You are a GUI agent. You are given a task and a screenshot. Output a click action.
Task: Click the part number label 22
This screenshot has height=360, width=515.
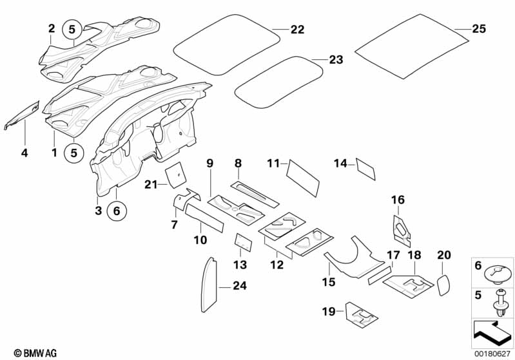tap(297, 30)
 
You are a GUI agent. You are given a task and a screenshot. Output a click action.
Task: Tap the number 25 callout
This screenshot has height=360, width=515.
tap(479, 29)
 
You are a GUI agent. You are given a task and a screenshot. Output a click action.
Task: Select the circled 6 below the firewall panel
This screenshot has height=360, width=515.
tap(117, 210)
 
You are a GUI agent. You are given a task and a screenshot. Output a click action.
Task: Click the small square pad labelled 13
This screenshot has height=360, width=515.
tap(242, 242)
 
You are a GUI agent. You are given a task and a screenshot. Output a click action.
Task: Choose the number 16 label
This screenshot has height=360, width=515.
tap(398, 200)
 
